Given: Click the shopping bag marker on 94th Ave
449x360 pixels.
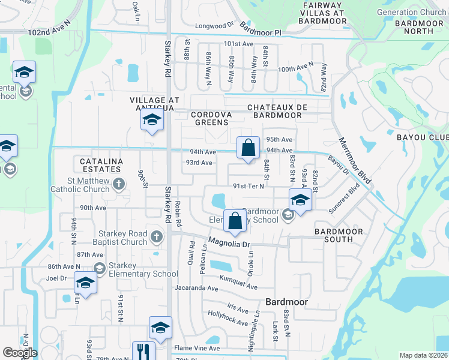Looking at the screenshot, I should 248,148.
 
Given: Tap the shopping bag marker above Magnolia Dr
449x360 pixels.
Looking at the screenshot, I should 235,221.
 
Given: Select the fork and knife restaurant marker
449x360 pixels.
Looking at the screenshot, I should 143,352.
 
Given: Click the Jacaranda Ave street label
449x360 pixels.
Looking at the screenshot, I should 196,289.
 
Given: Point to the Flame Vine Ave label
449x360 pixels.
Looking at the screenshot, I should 197,348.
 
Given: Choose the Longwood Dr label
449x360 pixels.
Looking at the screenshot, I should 214,26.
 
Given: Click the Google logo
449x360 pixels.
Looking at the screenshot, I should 19,352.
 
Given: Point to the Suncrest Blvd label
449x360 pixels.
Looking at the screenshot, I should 344,198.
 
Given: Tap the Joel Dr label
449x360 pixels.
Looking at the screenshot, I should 56,278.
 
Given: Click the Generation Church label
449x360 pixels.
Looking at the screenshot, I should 411,12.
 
